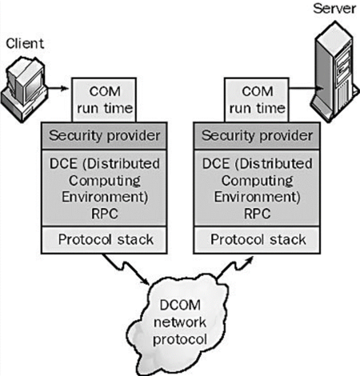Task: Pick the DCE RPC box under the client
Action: [x=101, y=187]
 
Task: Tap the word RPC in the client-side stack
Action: [x=101, y=214]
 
